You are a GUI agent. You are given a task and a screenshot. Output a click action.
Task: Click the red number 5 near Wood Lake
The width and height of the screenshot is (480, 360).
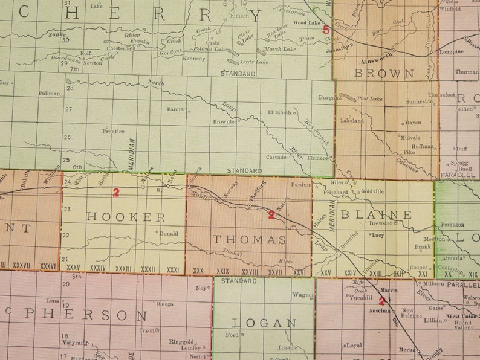326,28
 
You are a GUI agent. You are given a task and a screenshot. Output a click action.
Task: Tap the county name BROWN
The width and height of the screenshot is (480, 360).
384,74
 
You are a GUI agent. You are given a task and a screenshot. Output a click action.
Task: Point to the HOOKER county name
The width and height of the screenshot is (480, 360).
126,217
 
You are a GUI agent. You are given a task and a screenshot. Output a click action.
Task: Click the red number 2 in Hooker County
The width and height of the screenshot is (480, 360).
116,193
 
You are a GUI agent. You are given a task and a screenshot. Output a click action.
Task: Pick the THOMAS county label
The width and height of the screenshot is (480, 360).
249,240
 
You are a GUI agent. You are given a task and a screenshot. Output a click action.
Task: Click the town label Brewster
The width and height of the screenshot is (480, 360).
380,223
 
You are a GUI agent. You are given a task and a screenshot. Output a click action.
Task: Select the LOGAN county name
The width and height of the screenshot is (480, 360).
265,323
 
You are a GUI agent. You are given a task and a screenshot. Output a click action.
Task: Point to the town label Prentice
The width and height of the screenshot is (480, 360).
113,131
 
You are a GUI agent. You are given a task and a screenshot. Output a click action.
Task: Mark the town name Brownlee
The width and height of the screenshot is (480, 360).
225,121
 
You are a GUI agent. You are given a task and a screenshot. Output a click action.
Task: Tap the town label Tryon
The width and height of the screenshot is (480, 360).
147,330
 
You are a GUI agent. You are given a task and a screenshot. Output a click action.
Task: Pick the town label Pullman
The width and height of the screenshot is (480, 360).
49,94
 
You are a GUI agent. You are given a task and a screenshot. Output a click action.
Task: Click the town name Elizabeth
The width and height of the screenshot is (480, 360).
280,112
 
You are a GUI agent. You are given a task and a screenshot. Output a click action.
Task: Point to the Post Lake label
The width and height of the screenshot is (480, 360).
369,98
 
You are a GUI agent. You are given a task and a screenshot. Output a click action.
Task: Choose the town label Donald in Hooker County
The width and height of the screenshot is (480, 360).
168,233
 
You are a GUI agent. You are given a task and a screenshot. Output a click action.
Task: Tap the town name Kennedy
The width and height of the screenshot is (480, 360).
193,59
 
